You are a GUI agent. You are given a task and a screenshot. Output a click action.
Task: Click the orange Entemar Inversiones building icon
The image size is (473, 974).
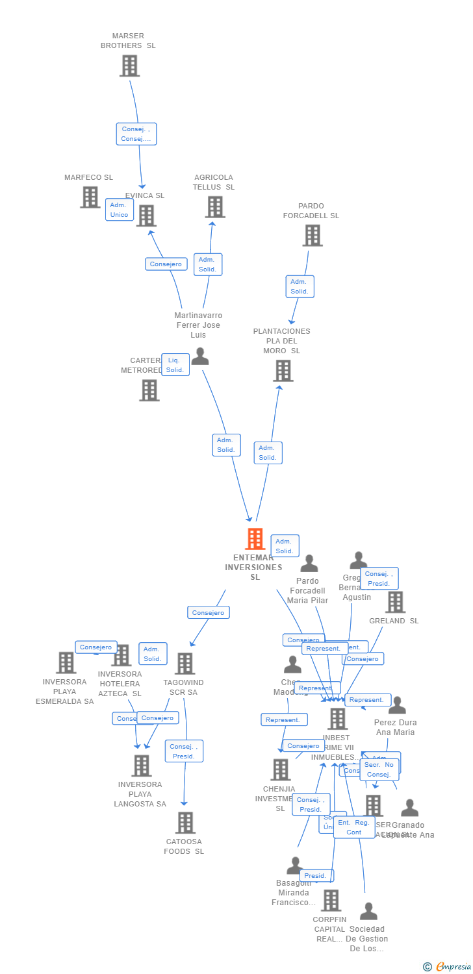click(255, 539)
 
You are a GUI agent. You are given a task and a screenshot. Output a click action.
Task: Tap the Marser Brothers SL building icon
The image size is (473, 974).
click(129, 66)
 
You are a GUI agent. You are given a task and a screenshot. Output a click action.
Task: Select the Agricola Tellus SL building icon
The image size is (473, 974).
click(215, 206)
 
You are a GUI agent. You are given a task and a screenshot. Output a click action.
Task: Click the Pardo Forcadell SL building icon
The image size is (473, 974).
click(312, 235)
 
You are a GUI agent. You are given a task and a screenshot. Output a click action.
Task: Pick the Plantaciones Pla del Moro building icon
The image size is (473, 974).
click(283, 371)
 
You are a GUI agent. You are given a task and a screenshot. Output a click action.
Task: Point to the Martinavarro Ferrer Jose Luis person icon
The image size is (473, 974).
click(200, 356)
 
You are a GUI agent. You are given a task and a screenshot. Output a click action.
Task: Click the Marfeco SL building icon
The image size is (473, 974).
click(90, 197)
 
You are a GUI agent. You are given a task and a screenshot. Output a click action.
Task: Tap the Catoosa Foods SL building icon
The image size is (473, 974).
click(185, 823)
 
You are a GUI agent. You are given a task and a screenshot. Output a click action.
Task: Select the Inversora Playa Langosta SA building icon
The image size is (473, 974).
click(141, 766)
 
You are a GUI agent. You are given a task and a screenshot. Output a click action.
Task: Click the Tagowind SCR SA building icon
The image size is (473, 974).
click(185, 664)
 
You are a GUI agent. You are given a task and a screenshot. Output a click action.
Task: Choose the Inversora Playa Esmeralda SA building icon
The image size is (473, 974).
click(66, 663)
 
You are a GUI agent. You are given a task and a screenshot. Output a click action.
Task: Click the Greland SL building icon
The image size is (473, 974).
click(394, 602)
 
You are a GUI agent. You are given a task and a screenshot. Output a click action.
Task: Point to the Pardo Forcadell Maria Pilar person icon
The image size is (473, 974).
click(309, 564)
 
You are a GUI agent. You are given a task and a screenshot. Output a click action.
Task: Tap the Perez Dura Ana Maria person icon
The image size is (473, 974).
click(396, 706)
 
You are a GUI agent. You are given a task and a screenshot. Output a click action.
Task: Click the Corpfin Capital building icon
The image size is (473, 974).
click(331, 900)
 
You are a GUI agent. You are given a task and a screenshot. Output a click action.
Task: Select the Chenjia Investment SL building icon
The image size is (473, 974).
click(280, 769)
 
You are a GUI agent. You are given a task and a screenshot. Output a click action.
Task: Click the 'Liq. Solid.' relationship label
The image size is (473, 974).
click(175, 365)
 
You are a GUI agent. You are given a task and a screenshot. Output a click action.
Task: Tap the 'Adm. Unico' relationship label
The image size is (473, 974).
click(119, 210)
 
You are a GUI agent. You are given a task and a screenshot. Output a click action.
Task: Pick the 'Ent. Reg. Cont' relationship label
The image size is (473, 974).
click(354, 827)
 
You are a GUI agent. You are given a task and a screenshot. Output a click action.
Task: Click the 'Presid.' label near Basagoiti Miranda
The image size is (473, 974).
click(315, 876)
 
